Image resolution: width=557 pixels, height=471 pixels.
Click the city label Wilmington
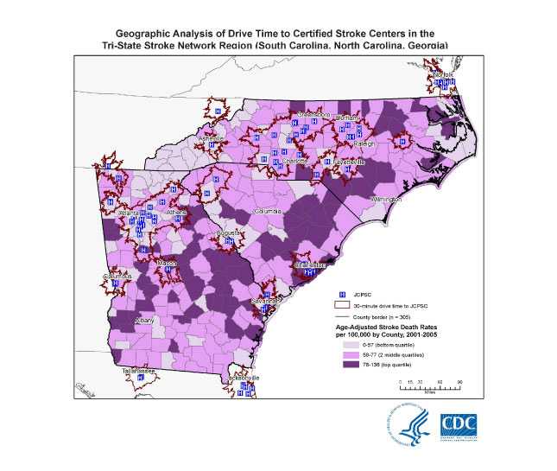click(385, 200)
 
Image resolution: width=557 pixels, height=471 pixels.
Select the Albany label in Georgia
click(122, 320)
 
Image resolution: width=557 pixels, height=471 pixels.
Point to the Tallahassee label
click(138, 369)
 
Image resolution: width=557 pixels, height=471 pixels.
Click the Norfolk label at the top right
click(443, 76)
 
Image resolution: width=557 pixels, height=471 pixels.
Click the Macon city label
click(167, 262)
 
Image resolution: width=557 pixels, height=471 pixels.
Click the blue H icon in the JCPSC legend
click(343, 294)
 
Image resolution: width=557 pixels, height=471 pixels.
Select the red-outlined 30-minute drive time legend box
click(343, 305)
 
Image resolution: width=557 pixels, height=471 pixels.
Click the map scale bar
click(430, 385)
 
